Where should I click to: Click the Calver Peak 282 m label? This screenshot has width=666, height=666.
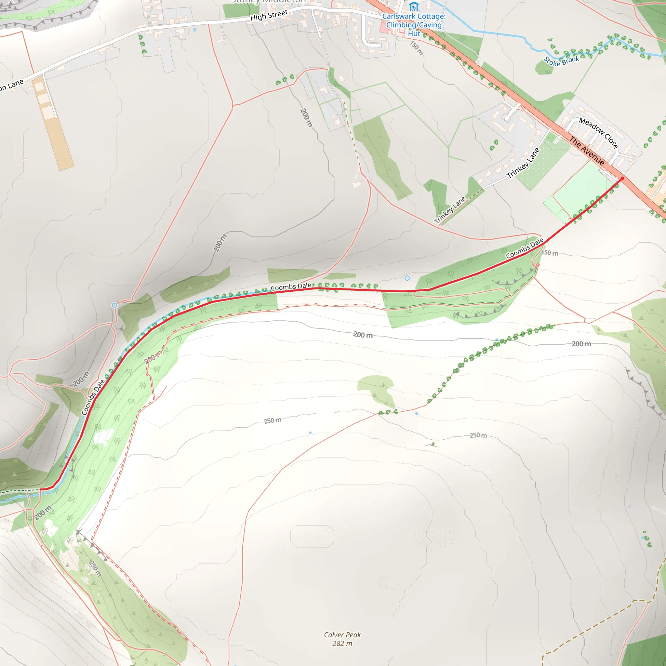[x=342, y=639]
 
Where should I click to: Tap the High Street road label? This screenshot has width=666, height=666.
[x=269, y=15]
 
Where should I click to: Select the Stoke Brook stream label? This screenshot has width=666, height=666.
[x=562, y=61]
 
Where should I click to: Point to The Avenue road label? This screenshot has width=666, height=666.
[x=587, y=151]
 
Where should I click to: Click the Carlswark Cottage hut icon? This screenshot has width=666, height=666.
[x=414, y=6]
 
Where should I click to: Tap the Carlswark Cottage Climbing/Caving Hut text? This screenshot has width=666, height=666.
[x=414, y=25]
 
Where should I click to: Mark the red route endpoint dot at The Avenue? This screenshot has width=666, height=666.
[x=622, y=179]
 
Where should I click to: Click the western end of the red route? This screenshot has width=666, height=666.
[x=41, y=489]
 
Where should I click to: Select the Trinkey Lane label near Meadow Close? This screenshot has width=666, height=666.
[x=523, y=163]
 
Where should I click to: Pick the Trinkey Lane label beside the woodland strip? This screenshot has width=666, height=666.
[x=450, y=210]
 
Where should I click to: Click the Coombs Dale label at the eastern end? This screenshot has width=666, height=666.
[x=524, y=248]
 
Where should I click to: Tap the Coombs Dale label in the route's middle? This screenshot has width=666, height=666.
[x=291, y=287]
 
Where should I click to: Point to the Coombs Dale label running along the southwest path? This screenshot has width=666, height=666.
[x=93, y=397]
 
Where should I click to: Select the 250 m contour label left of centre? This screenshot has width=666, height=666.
[x=272, y=420]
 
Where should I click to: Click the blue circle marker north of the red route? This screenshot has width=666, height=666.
[x=407, y=278]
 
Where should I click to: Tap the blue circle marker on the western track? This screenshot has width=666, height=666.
[x=114, y=305]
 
